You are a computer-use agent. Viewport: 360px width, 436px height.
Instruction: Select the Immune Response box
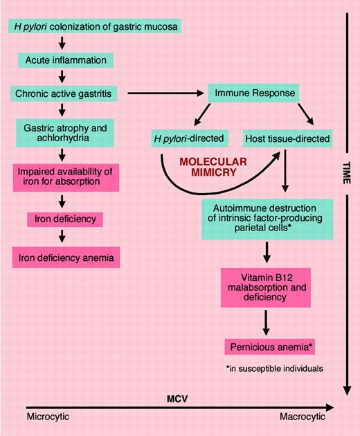(x=247, y=92)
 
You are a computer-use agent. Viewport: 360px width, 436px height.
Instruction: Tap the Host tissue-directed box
(x=285, y=140)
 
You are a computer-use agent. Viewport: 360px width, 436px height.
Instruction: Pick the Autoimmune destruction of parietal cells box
(x=267, y=218)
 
